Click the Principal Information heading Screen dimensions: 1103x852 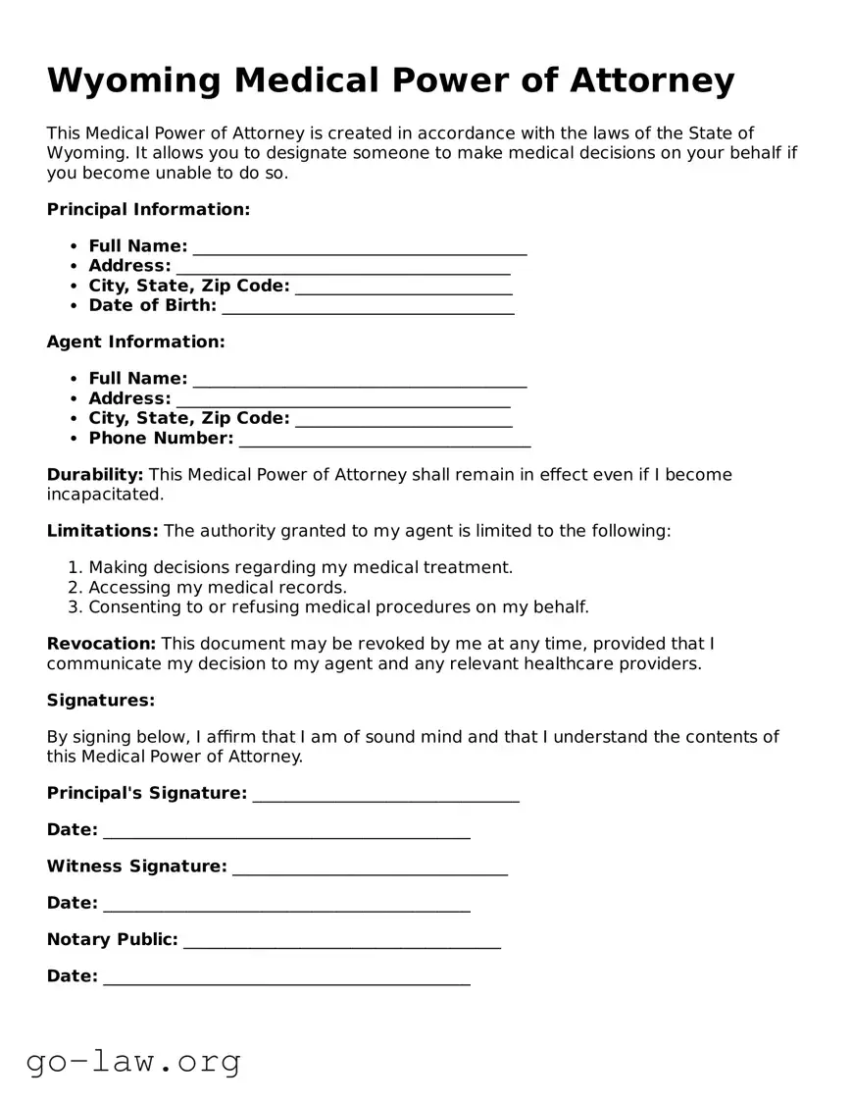click(148, 209)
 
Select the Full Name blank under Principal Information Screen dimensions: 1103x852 click(360, 248)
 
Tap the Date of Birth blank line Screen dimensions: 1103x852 click(368, 308)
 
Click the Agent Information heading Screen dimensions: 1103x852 click(135, 341)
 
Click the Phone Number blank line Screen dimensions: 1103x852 click(384, 441)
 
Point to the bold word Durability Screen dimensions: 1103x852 click(95, 475)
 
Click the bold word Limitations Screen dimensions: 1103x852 click(102, 531)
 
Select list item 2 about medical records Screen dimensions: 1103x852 click(218, 587)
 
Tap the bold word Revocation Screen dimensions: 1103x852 click(101, 644)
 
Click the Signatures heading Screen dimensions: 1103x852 click(101, 700)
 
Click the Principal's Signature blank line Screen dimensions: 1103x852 click(385, 796)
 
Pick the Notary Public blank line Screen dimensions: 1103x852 click(341, 942)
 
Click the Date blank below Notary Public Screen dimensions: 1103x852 click(286, 978)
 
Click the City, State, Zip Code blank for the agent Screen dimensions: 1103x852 click(403, 421)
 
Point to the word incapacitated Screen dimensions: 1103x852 click(105, 495)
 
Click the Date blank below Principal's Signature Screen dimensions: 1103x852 click(286, 832)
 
